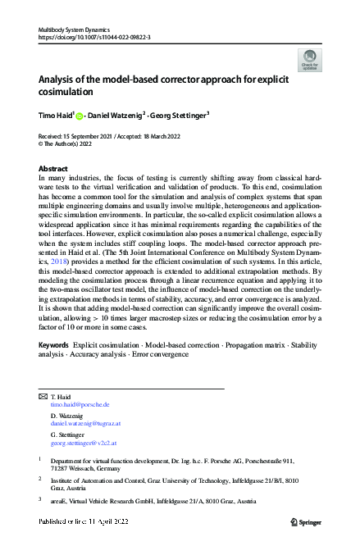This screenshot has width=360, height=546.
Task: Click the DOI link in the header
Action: (94, 37)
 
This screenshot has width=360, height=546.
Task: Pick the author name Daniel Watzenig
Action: (118, 116)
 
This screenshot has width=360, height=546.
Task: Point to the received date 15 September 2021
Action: (92, 136)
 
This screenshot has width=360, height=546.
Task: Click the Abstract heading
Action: (54, 167)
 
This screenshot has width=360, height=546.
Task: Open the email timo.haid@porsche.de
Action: (80, 405)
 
